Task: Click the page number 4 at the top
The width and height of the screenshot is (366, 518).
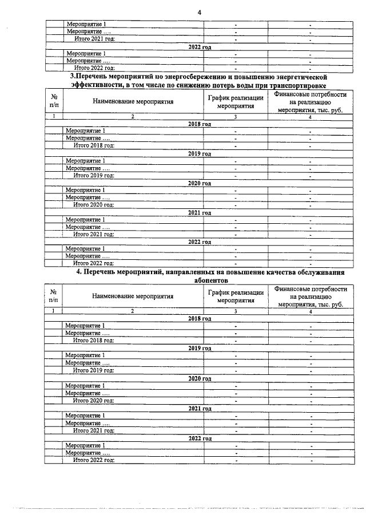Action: pyautogui.click(x=199, y=11)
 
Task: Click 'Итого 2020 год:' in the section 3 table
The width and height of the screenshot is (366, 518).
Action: pyautogui.click(x=94, y=204)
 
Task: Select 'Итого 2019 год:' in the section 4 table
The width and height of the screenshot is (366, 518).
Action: pyautogui.click(x=94, y=370)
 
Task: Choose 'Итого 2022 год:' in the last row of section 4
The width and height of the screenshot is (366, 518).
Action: pyautogui.click(x=94, y=460)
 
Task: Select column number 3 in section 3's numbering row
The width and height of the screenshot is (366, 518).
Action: pyautogui.click(x=236, y=117)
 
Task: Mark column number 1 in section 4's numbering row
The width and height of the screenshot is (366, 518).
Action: pyautogui.click(x=53, y=311)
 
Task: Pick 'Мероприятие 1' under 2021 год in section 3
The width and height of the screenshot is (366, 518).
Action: pyautogui.click(x=85, y=219)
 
